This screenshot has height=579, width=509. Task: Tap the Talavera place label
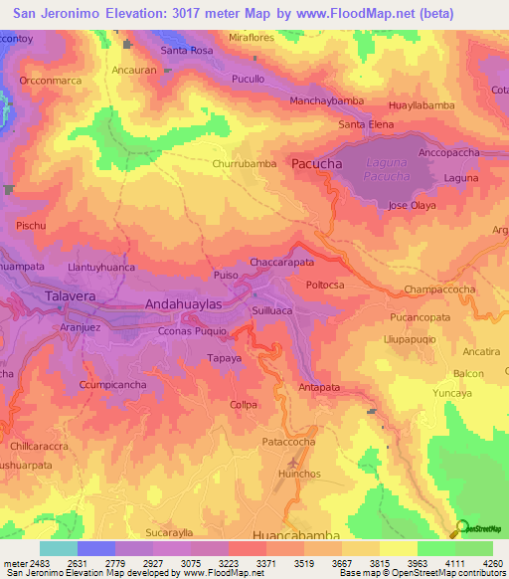click(x=71, y=295)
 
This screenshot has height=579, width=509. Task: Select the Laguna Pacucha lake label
click(x=387, y=169)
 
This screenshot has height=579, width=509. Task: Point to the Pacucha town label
click(x=316, y=163)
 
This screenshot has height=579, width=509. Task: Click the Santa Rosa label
click(x=187, y=50)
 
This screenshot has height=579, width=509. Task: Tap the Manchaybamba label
click(x=326, y=101)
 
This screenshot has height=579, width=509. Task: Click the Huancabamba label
click(x=297, y=534)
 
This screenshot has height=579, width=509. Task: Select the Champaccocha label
click(x=439, y=289)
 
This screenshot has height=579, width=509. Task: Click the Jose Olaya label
click(x=412, y=205)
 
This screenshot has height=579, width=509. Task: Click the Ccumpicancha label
click(x=113, y=384)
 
